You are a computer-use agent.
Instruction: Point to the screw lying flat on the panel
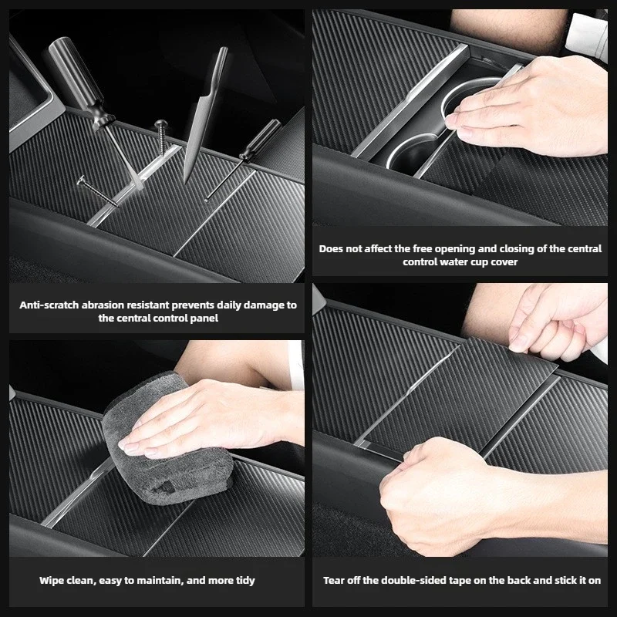click(x=97, y=191)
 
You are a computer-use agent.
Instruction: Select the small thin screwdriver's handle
click(x=261, y=140)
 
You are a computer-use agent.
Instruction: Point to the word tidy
click(x=245, y=581)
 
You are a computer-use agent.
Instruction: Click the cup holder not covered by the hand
click(x=413, y=153)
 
